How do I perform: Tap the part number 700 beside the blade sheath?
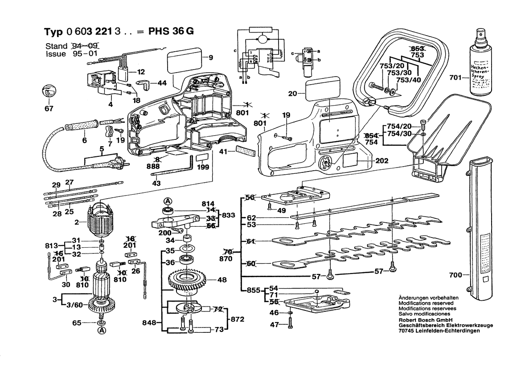click(x=455, y=275)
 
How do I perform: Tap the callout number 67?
click(x=48, y=109)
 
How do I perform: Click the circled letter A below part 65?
click(x=102, y=331)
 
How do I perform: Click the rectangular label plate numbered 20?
click(x=321, y=89)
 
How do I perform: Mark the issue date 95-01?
click(x=86, y=54)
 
